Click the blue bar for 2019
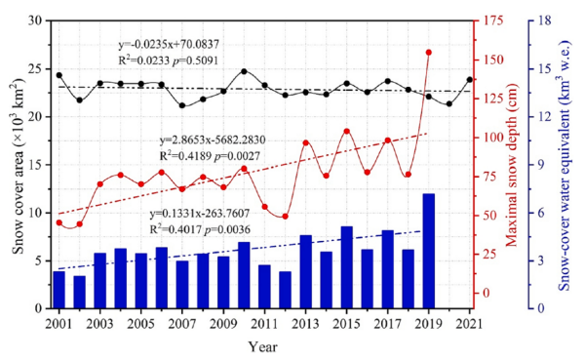[429, 251]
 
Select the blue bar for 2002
[80, 292]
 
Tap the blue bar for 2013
[305, 272]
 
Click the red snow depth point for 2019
[429, 53]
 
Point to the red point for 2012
[285, 217]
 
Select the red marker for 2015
[346, 131]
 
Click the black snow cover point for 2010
[244, 71]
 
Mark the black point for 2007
[182, 105]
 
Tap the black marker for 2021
[470, 80]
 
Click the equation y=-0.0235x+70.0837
[169, 45]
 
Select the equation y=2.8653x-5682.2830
[213, 140]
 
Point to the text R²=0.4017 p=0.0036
[200, 229]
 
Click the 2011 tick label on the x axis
[264, 324]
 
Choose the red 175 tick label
[493, 20]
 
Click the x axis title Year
[263, 347]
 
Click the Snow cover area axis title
[19, 165]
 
